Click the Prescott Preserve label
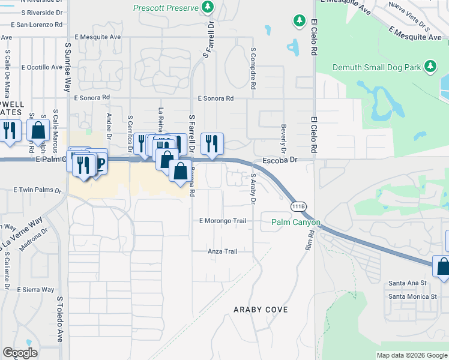coord(166,8)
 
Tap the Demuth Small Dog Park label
coord(376,68)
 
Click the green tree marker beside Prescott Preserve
coord(208,7)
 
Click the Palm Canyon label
coord(296,222)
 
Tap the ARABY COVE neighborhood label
coord(261,310)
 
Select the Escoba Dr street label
coord(280,160)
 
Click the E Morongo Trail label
coord(223,221)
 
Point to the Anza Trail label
coord(223,251)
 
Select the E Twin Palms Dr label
coord(38,190)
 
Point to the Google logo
coord(20,353)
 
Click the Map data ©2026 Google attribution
coord(412,355)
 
